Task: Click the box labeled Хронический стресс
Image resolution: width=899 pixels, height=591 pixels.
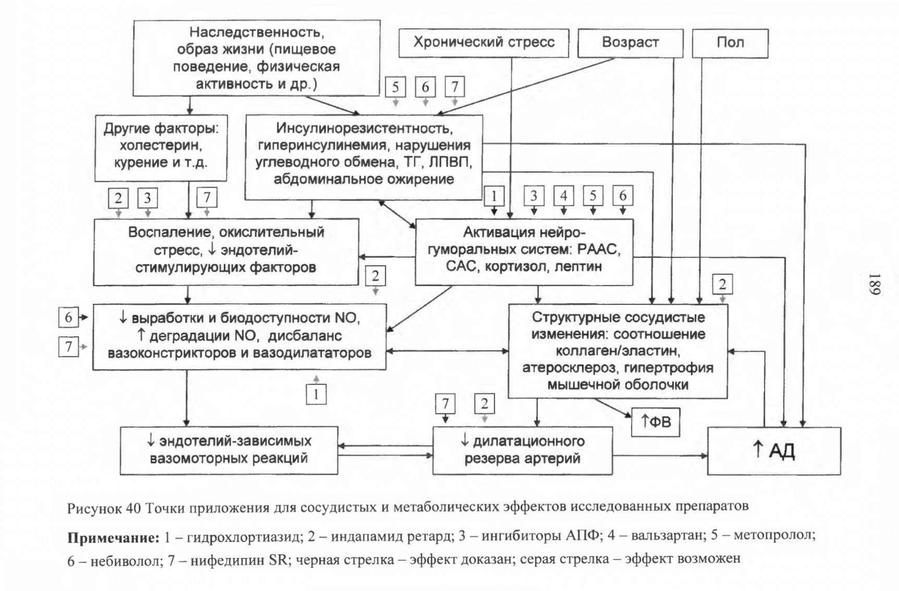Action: click(x=483, y=43)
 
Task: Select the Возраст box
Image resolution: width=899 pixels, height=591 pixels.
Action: click(x=630, y=43)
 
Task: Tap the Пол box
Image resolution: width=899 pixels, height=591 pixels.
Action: click(x=730, y=43)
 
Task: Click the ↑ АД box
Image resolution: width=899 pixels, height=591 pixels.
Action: click(x=774, y=451)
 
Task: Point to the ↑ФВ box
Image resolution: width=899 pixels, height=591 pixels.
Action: click(x=655, y=422)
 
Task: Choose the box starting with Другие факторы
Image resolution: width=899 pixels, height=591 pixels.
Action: click(x=161, y=148)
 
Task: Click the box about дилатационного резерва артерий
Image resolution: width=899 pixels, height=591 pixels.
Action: click(x=523, y=450)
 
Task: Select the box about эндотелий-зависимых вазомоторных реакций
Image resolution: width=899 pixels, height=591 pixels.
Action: click(x=229, y=450)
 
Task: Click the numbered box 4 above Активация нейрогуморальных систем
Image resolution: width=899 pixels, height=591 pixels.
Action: click(x=564, y=196)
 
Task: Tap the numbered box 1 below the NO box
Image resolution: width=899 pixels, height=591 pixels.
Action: click(x=316, y=394)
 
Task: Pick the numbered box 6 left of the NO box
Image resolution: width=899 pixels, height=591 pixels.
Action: click(x=68, y=317)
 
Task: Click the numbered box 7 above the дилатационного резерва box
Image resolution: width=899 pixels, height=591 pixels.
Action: click(x=445, y=404)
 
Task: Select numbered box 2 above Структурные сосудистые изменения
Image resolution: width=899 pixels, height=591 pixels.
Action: click(x=722, y=285)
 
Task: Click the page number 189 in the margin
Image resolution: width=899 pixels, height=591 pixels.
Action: click(x=874, y=284)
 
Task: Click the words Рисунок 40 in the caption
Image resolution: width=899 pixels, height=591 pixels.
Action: click(x=104, y=507)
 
